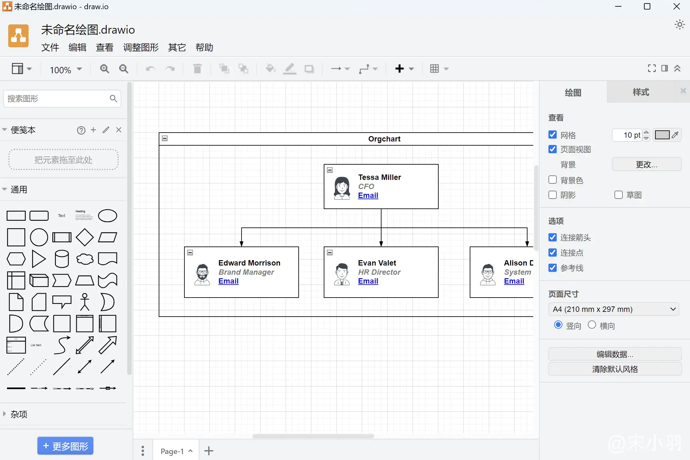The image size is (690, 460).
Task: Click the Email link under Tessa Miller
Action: (x=368, y=195)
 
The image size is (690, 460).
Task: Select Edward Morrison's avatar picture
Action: (x=202, y=274)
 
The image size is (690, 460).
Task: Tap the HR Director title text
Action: (x=379, y=272)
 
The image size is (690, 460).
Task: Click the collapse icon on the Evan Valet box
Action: (x=330, y=253)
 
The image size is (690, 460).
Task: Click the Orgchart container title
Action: (x=384, y=139)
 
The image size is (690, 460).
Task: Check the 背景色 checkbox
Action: (x=553, y=180)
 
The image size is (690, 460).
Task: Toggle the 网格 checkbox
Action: (x=553, y=135)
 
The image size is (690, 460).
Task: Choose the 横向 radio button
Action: (x=592, y=325)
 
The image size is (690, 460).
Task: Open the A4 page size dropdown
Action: (x=613, y=309)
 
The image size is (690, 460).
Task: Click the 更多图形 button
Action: (x=65, y=446)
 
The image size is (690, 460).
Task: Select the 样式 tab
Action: (x=641, y=92)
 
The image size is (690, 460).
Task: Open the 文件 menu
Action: (x=50, y=48)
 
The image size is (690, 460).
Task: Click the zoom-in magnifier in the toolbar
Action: (x=104, y=69)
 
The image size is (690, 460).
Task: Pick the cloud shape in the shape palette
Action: (x=85, y=259)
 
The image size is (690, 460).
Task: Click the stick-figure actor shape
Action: (x=85, y=302)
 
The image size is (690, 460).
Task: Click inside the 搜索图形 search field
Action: (x=57, y=99)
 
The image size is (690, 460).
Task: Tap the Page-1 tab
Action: (x=172, y=451)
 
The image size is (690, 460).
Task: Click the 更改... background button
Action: (x=646, y=164)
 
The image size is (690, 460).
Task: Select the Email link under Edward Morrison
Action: (x=228, y=281)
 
